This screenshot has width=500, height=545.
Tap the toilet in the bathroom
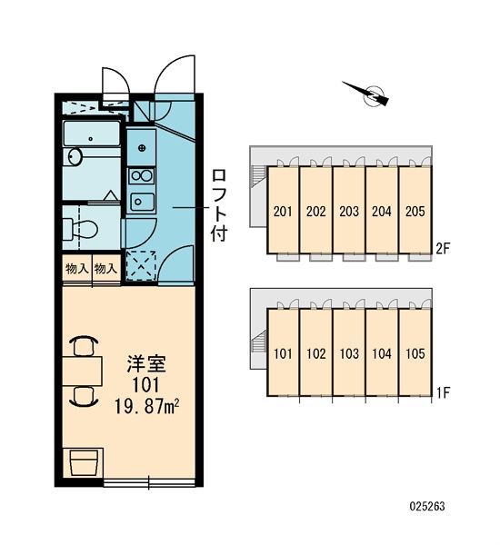(x=80, y=228)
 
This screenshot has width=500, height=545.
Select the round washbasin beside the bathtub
(x=75, y=156)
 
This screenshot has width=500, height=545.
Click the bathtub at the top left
(x=92, y=134)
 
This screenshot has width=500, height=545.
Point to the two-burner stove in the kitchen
(x=142, y=176)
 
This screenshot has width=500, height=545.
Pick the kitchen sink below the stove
(x=142, y=202)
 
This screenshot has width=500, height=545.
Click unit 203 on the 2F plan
(x=349, y=211)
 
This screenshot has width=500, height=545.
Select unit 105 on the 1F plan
(x=415, y=352)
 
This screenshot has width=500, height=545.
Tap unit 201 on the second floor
(x=283, y=211)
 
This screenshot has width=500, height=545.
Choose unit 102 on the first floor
(x=316, y=352)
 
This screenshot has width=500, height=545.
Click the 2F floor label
(x=443, y=248)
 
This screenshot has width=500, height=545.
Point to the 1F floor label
(x=444, y=392)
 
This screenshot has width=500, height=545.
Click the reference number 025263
(x=427, y=506)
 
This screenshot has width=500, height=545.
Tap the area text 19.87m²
(x=146, y=406)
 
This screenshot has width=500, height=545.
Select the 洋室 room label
(x=146, y=364)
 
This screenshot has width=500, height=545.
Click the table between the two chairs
(x=83, y=371)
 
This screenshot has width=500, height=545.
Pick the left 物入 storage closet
(x=77, y=270)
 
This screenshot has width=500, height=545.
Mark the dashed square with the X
(x=141, y=265)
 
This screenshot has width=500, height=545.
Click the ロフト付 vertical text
(x=219, y=205)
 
